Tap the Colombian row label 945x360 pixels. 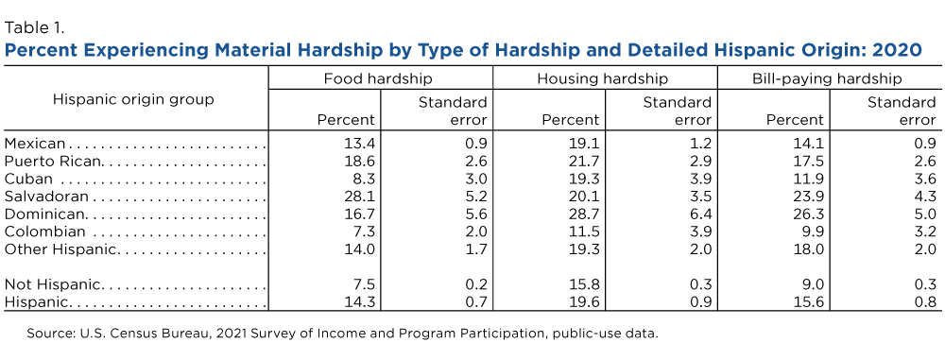(x=45, y=231)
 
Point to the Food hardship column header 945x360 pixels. (x=378, y=78)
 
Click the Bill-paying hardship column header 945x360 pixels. (x=827, y=78)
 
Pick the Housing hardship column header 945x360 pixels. (x=602, y=78)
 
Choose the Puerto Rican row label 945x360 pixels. (x=55, y=162)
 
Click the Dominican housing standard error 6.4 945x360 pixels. (x=700, y=214)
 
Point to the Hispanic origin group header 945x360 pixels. (x=134, y=99)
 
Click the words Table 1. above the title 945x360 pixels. (x=34, y=27)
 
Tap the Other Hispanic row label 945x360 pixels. (x=60, y=249)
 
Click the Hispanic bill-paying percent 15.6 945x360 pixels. (x=810, y=302)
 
